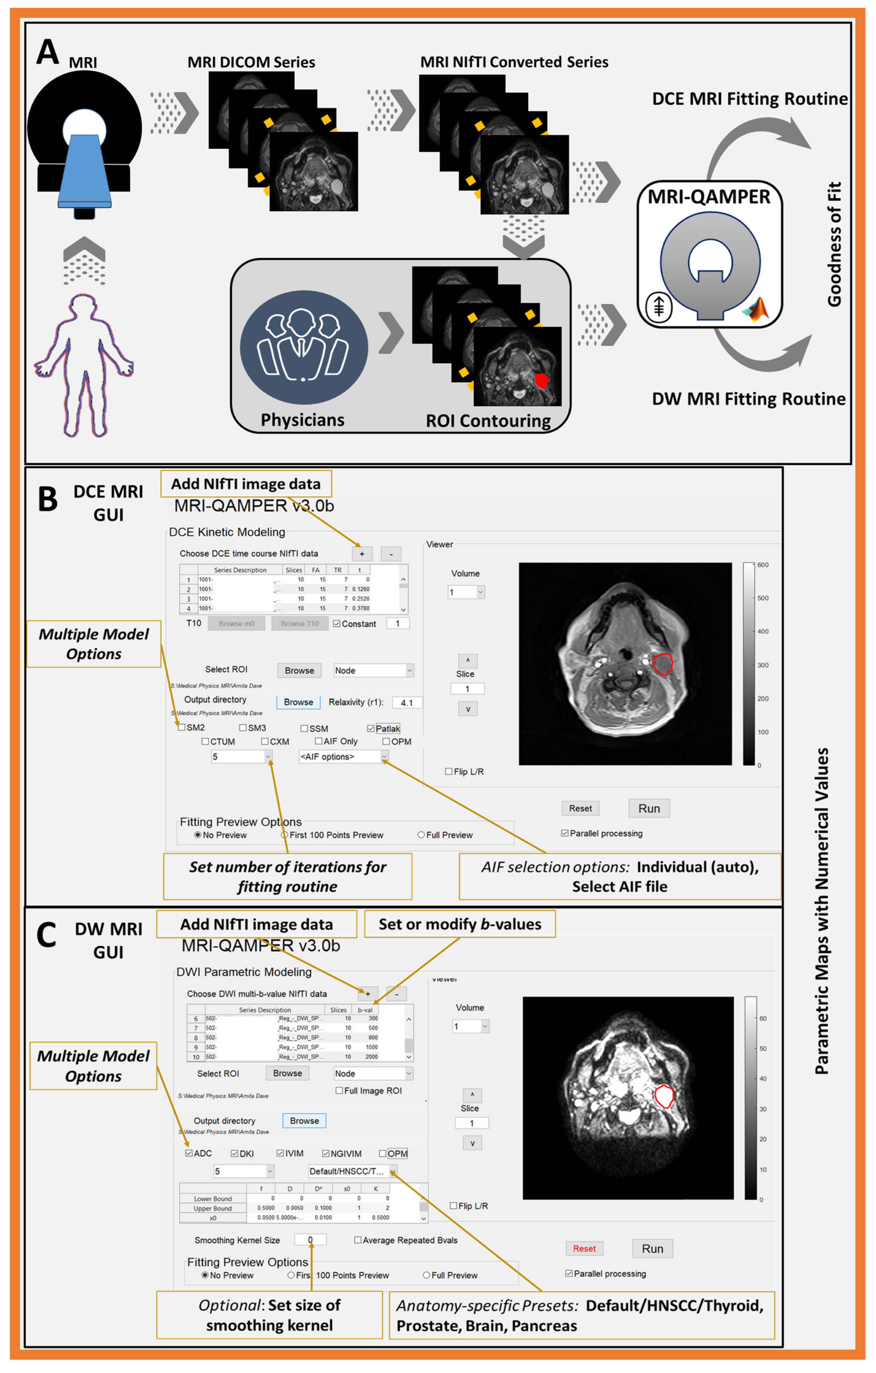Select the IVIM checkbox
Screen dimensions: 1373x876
click(x=280, y=1153)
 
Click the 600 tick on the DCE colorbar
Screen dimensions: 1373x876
click(x=762, y=565)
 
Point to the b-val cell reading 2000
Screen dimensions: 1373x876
click(x=371, y=1057)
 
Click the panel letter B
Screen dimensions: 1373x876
click(x=48, y=499)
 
